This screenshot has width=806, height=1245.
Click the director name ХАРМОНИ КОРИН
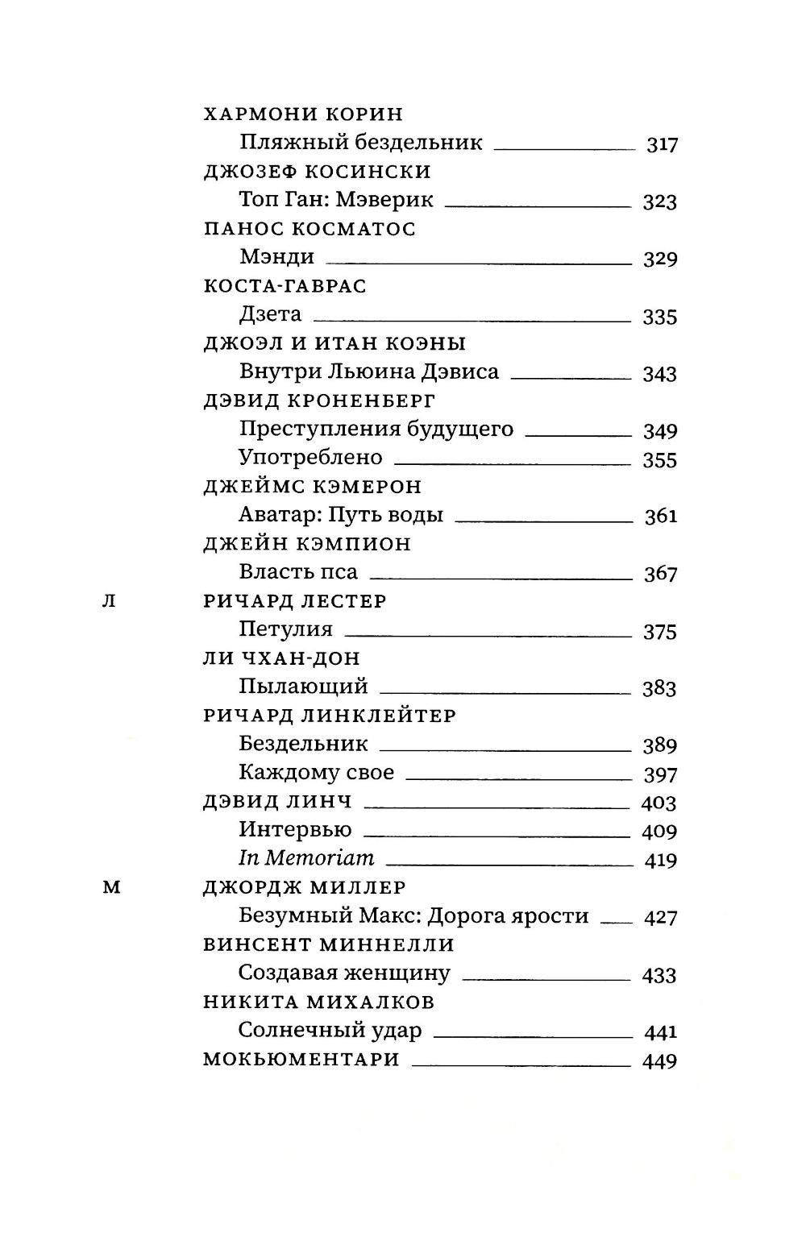(x=303, y=114)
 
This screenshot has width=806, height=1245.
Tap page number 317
(x=662, y=145)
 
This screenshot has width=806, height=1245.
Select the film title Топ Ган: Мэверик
(x=336, y=200)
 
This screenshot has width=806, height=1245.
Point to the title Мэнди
(x=276, y=257)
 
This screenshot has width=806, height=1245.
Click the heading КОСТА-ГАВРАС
(x=285, y=286)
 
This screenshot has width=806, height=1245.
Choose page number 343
(x=659, y=374)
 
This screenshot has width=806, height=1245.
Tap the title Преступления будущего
(x=376, y=429)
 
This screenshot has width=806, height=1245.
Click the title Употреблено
(x=310, y=458)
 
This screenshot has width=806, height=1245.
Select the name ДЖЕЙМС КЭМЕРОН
(x=312, y=487)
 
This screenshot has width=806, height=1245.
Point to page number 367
(x=659, y=574)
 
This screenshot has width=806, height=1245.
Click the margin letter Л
(x=110, y=601)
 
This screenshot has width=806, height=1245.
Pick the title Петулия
(x=285, y=629)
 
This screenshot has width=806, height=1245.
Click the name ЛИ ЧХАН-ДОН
(x=281, y=658)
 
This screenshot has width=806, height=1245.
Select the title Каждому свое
(x=316, y=773)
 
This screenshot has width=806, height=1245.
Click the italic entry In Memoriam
(x=307, y=859)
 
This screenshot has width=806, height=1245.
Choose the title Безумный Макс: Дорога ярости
(x=413, y=916)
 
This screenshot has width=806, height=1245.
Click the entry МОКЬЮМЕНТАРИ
(x=301, y=1060)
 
